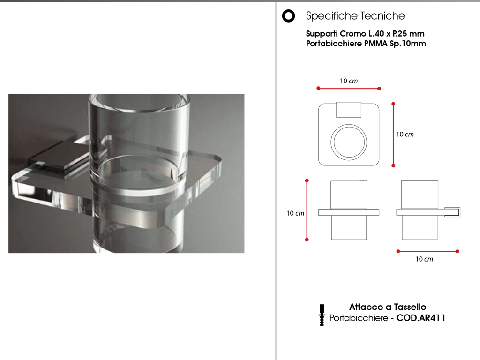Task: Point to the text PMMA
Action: click(x=376, y=44)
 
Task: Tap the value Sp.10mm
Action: click(x=408, y=44)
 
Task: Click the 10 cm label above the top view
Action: click(x=349, y=81)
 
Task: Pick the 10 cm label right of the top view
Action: click(x=405, y=135)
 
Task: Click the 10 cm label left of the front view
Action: click(x=295, y=213)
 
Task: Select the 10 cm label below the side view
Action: click(x=424, y=259)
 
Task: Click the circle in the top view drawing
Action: click(x=349, y=125)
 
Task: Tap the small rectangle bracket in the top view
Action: click(x=349, y=110)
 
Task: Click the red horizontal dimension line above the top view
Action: click(x=349, y=89)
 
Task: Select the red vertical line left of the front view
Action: click(x=307, y=210)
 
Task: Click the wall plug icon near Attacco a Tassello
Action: click(x=322, y=315)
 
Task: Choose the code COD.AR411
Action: click(x=421, y=318)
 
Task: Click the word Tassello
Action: click(x=410, y=307)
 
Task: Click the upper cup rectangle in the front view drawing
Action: click(x=349, y=195)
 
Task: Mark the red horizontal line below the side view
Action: click(x=427, y=251)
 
